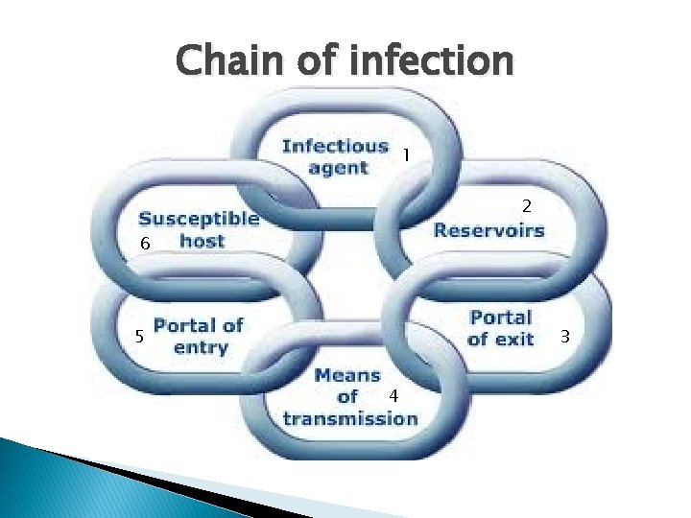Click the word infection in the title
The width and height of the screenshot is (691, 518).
[431, 61]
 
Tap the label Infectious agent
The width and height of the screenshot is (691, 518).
[335, 156]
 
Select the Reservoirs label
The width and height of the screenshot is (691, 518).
[488, 230]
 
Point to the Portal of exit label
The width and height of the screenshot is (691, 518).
[500, 327]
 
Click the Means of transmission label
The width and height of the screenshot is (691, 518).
[349, 396]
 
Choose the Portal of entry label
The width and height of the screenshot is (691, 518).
[199, 336]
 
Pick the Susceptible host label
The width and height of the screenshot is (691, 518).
[199, 228]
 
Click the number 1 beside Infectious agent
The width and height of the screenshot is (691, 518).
[406, 154]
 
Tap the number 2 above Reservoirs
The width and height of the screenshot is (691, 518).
[526, 205]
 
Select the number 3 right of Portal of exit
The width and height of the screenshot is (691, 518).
[565, 336]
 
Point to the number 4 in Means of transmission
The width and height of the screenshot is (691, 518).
[393, 396]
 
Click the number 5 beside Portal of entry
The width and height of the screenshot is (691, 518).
[139, 337]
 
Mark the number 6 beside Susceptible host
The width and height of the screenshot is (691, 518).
[144, 245]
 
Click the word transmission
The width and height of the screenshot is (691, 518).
[349, 418]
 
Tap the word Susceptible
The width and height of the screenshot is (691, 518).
[199, 218]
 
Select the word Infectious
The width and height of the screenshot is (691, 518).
[335, 147]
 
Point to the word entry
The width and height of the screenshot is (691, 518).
[201, 346]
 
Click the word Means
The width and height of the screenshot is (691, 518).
[347, 374]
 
